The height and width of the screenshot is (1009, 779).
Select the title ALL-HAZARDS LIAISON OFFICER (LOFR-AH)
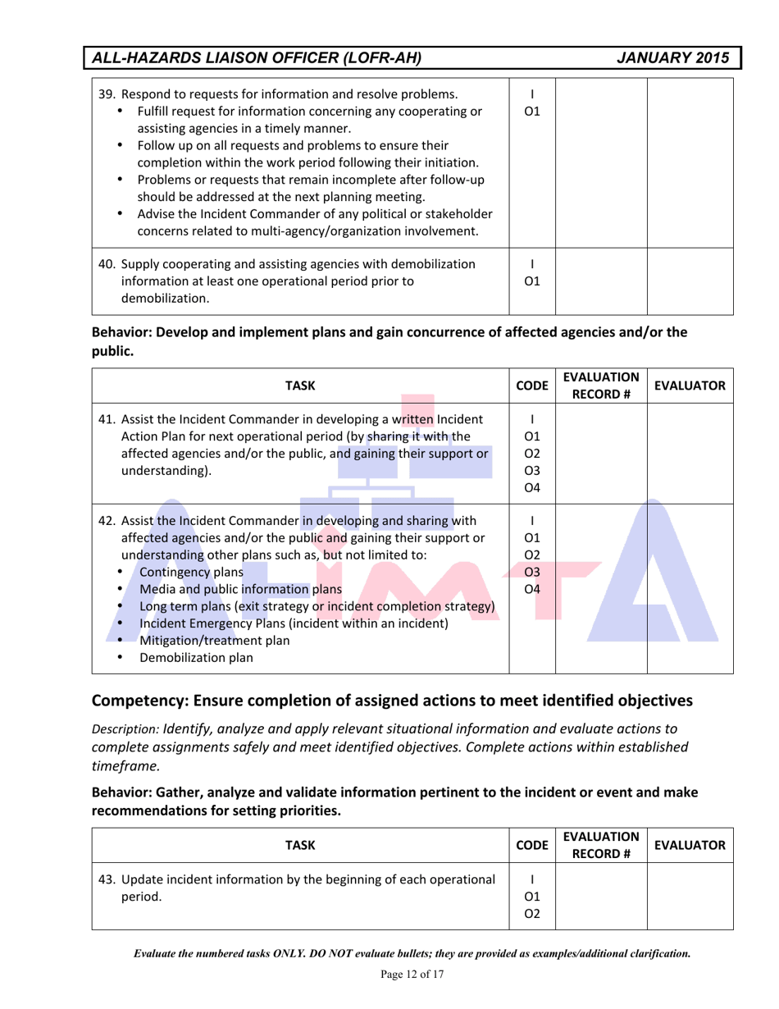[257, 57]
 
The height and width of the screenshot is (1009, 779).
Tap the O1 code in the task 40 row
[533, 281]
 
